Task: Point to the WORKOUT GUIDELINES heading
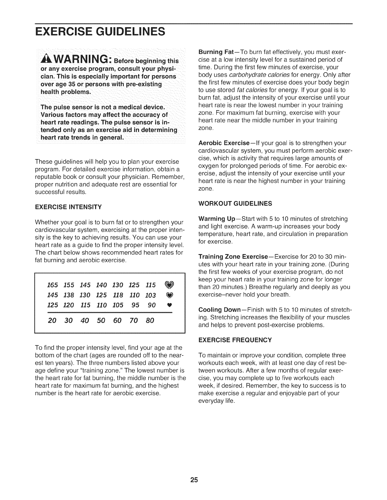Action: click(x=235, y=204)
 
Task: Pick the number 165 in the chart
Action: click(x=52, y=285)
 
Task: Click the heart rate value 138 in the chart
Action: click(x=69, y=295)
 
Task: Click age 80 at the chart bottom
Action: click(x=150, y=321)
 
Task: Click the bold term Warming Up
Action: click(x=216, y=219)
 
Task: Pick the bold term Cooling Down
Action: click(x=218, y=310)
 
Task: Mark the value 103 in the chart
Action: click(x=150, y=295)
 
